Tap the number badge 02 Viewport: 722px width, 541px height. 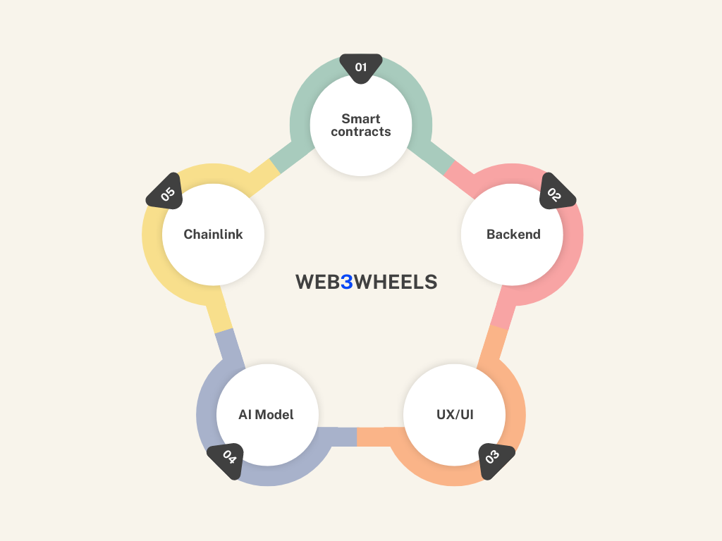click(556, 193)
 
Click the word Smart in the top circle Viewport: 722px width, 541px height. click(361, 118)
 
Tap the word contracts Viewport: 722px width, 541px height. click(361, 132)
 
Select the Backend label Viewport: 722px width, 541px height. click(513, 235)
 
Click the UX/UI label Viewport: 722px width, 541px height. click(455, 414)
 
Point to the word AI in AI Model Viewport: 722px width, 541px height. click(245, 414)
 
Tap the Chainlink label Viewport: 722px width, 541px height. click(213, 235)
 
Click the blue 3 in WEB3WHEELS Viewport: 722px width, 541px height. click(346, 282)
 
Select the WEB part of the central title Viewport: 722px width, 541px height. click(317, 282)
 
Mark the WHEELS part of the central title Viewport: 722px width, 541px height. click(396, 282)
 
